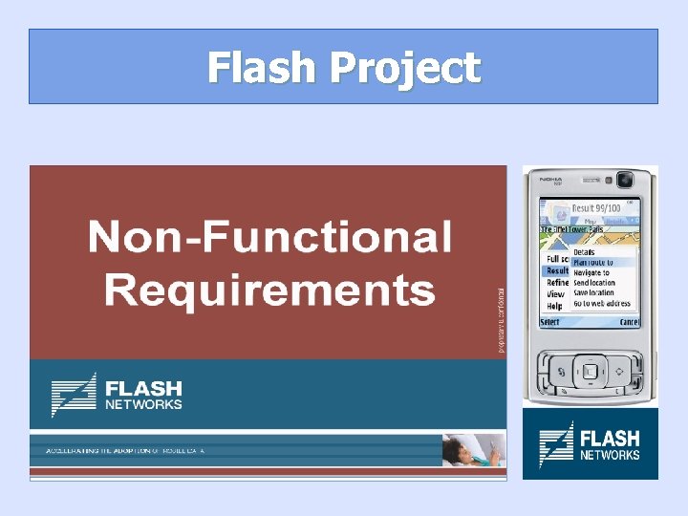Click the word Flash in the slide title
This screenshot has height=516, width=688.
[262, 68]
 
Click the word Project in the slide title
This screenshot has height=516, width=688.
[405, 69]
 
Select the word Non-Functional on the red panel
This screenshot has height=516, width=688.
[269, 237]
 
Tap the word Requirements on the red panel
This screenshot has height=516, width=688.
[269, 289]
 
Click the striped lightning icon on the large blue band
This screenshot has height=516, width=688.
[74, 395]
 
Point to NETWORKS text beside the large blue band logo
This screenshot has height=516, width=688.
[143, 404]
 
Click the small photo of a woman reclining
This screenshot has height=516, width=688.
[472, 449]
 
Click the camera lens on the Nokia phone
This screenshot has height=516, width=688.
[625, 179]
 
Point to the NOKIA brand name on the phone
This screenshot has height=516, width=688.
[550, 178]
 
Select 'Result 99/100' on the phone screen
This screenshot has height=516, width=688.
[596, 208]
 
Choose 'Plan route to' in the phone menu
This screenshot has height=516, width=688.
[593, 262]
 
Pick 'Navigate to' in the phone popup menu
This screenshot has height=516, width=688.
[591, 272]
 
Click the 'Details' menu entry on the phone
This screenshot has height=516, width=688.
[584, 252]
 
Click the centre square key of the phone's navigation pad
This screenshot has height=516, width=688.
[590, 371]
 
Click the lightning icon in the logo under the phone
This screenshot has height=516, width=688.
[556, 445]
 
